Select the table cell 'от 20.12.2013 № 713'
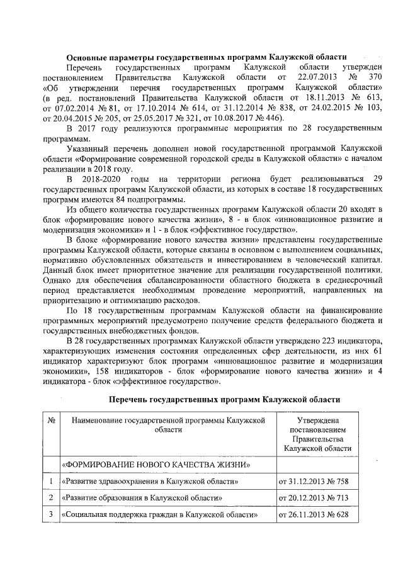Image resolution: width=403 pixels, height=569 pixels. (313, 499)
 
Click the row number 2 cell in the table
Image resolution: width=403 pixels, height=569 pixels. (50, 499)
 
